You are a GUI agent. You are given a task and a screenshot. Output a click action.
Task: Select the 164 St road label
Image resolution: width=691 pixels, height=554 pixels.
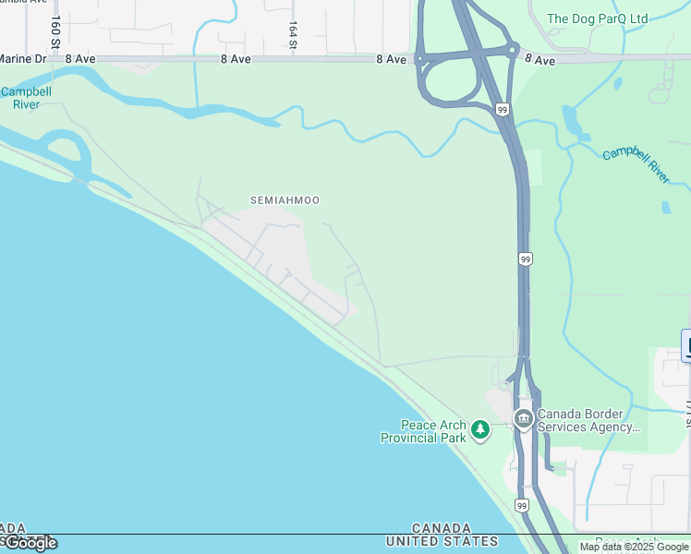[293, 36]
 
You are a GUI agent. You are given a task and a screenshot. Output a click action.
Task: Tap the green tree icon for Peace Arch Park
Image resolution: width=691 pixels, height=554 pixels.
[480, 428]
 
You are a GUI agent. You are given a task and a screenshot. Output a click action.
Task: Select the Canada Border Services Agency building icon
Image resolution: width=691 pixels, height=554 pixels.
[523, 420]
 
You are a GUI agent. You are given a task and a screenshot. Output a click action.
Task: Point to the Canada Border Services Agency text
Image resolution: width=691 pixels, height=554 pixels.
[588, 420]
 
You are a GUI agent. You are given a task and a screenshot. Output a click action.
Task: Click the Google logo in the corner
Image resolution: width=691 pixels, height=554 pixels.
[30, 543]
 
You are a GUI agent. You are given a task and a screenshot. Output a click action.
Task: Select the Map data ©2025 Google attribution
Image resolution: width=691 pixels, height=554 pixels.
[634, 547]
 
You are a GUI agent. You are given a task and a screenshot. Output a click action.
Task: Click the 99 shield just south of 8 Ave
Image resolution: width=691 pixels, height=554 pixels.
[502, 109]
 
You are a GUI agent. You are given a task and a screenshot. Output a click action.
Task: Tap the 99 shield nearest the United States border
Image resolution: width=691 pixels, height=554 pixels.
[522, 506]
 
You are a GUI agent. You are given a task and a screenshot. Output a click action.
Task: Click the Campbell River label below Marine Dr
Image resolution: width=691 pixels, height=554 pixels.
[25, 98]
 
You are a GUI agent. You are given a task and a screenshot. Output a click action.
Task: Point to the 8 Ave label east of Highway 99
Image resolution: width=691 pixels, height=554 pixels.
[539, 60]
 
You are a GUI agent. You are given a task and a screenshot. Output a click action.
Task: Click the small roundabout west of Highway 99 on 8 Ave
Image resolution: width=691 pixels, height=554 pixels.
[419, 59]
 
